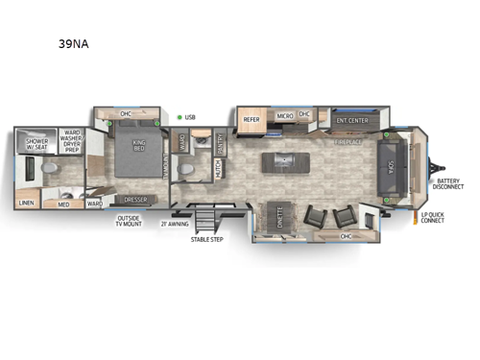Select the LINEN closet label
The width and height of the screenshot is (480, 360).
coord(28,203)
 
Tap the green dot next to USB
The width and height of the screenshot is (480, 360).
coord(178,117)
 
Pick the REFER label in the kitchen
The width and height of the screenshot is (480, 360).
coord(252,120)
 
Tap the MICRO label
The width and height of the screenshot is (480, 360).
coord(284,116)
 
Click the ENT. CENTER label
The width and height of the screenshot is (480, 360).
coord(352,120)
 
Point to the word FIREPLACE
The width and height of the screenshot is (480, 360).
coord(348,142)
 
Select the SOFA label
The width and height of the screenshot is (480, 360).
coord(396,164)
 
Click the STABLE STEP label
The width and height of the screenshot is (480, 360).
coord(206,238)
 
